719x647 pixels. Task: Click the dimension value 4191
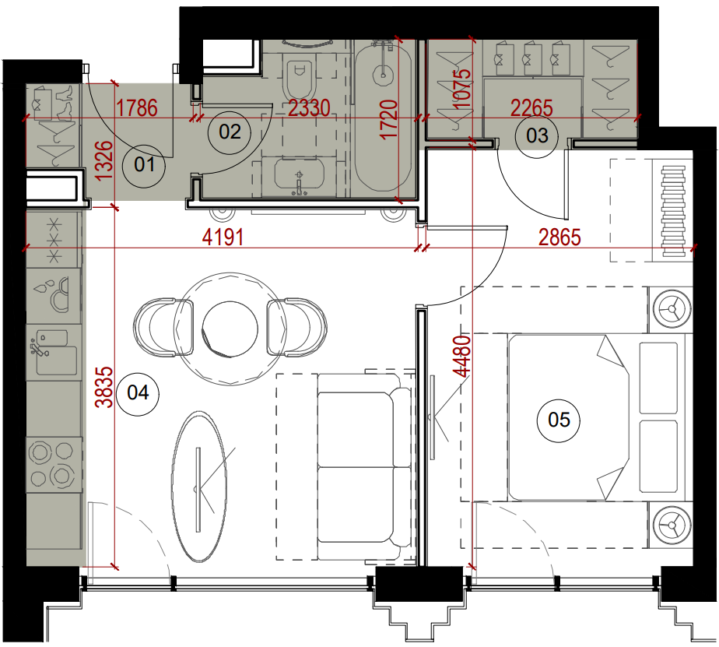click(x=223, y=237)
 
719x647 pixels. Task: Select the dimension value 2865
click(x=559, y=237)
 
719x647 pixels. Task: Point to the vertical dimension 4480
click(x=461, y=356)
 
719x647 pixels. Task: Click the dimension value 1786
click(x=137, y=108)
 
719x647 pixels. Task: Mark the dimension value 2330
click(x=309, y=108)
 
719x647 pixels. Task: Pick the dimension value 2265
click(x=532, y=108)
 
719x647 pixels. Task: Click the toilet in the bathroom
click(x=300, y=75)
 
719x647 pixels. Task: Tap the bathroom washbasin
click(x=299, y=175)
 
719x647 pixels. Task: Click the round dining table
click(x=226, y=329)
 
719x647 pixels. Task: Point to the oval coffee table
click(x=199, y=487)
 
